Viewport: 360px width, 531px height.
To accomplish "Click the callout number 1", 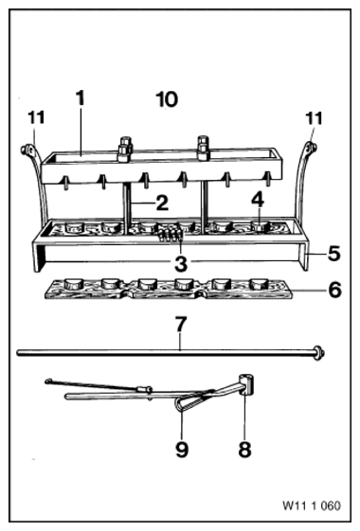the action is coord(80,97).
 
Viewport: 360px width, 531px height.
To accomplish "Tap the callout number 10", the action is coord(167,99).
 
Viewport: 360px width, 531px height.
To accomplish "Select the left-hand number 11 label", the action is coord(36,118).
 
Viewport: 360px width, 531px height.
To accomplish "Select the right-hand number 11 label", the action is coord(314,119).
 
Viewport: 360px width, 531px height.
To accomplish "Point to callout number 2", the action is coord(162,203).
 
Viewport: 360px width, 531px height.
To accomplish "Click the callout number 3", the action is coord(181,264).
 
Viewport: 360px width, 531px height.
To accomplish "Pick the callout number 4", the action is coord(258,200).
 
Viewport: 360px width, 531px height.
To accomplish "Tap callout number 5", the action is coord(333,254).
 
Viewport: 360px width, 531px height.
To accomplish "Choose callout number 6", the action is coord(335,291).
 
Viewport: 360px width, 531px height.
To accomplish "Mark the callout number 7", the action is coord(181,324).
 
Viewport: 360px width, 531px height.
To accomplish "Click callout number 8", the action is coord(244,449).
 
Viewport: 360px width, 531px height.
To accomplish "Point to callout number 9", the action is coord(182,450).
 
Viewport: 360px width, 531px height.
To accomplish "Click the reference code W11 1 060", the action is coord(312,506).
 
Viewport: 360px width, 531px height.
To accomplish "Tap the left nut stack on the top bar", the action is coord(125,149).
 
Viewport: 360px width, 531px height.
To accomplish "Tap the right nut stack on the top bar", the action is coord(203,148).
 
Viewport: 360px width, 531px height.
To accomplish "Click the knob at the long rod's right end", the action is coord(318,353).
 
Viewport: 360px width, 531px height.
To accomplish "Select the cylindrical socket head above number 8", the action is coord(247,384).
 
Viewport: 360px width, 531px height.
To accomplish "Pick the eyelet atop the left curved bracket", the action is coord(27,150).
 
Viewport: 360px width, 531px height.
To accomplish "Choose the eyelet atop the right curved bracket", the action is coord(311,148).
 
